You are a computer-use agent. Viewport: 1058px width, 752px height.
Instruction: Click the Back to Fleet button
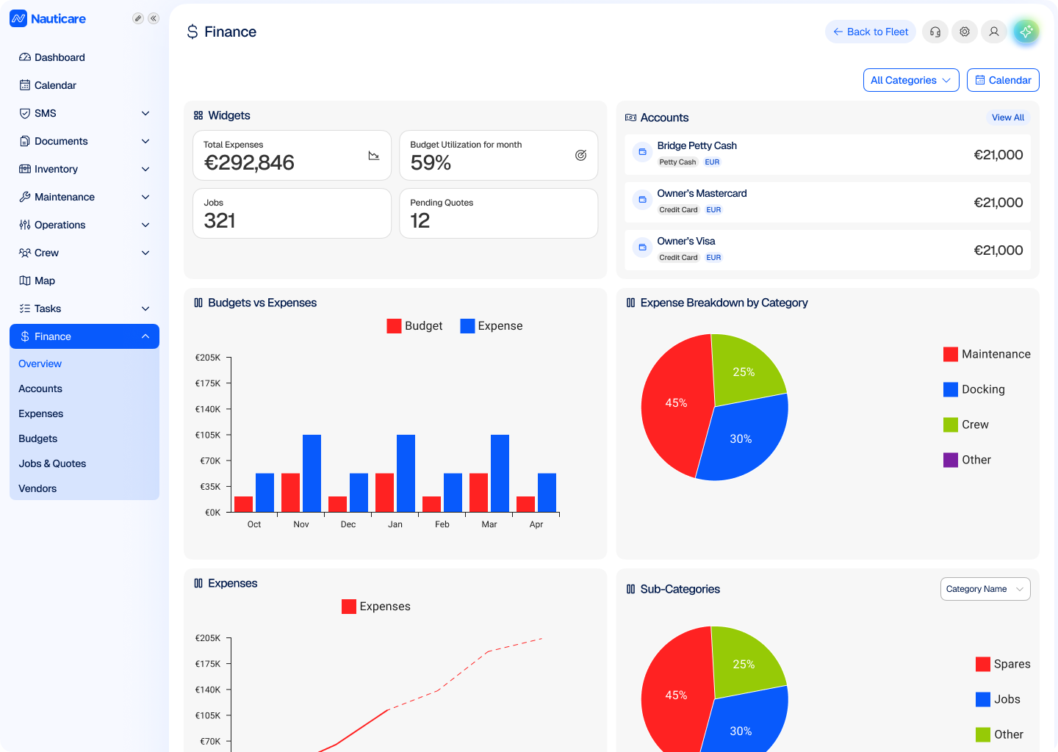870,32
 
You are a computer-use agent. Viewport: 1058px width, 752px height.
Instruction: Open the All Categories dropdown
910,80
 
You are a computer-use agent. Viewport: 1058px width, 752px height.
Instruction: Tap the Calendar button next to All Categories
1003,80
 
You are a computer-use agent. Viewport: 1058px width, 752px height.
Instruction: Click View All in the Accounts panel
1007,117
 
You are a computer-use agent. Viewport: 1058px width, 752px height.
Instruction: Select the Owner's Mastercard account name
702,194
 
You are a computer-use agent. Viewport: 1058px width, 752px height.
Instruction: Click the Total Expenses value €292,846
249,163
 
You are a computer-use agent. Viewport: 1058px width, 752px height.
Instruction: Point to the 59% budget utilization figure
431,163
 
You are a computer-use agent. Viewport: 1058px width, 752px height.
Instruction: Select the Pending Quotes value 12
420,221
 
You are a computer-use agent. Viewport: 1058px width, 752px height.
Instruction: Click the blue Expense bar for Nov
312,474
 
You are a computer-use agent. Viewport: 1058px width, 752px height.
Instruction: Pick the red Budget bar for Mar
478,493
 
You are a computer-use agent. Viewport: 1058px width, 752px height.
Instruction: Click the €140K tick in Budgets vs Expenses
208,409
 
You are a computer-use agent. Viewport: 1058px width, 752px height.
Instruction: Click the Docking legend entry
974,389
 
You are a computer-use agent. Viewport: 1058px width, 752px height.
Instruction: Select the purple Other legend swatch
950,460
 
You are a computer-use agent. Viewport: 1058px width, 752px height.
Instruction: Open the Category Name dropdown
985,589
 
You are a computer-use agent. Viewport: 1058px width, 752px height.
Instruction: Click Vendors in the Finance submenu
37,488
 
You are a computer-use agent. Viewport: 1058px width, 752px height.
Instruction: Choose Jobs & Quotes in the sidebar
52,463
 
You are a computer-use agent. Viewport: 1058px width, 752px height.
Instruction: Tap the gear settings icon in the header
964,32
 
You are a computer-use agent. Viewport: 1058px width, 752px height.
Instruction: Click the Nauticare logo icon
18,18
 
